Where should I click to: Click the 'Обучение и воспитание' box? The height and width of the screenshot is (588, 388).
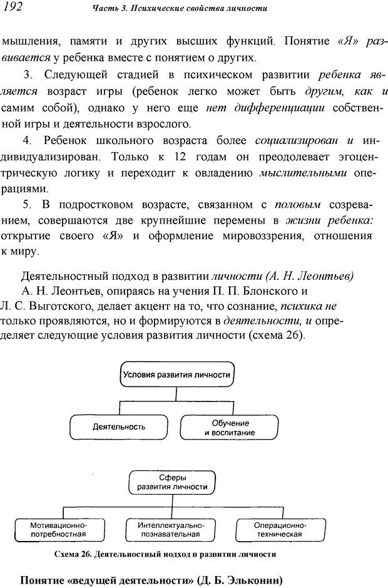coord(229,427)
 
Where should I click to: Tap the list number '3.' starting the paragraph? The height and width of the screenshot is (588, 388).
coord(27,75)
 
